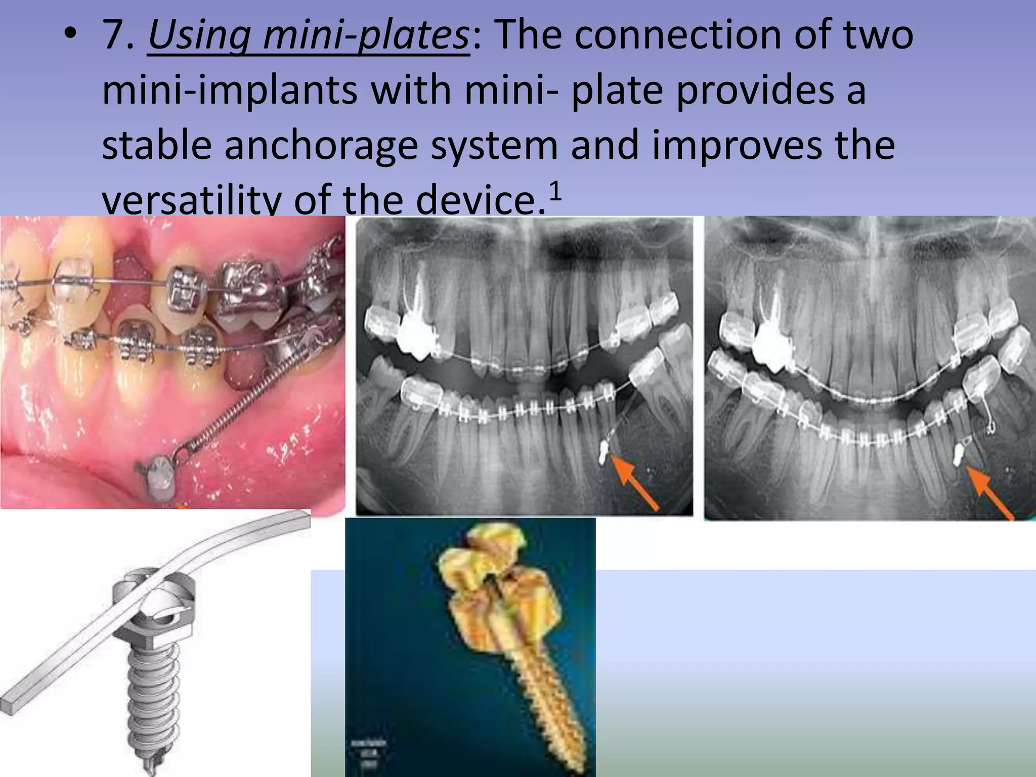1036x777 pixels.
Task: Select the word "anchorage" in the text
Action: point(321,146)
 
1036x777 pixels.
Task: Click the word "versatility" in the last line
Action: point(190,200)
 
